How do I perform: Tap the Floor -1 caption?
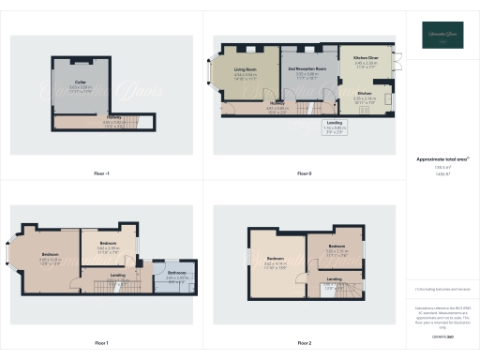(101, 173)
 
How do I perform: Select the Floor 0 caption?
(304, 173)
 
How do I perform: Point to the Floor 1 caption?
(101, 343)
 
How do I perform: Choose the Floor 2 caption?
(304, 343)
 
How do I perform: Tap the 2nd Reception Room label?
(308, 69)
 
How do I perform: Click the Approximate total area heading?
(442, 159)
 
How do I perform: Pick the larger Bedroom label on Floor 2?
(275, 258)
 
